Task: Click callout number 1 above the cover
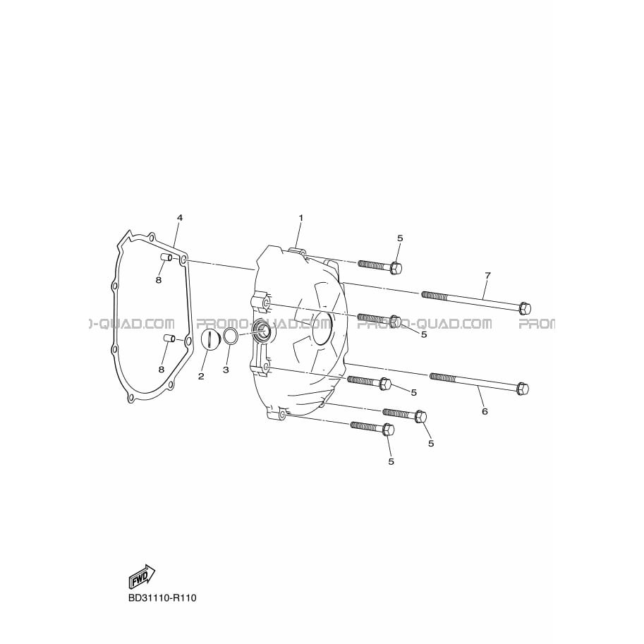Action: pyautogui.click(x=300, y=218)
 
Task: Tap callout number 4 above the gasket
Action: pyautogui.click(x=179, y=218)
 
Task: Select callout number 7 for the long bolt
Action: pyautogui.click(x=487, y=276)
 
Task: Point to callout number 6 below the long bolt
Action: pyautogui.click(x=485, y=411)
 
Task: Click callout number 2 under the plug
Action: pyautogui.click(x=201, y=376)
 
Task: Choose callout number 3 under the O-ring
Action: pyautogui.click(x=226, y=370)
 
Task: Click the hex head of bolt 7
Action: pyautogui.click(x=525, y=308)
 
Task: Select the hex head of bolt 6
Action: pyautogui.click(x=523, y=388)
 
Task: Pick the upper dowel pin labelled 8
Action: pyautogui.click(x=166, y=257)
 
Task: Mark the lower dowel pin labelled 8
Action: pyautogui.click(x=169, y=339)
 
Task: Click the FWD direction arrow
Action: pyautogui.click(x=142, y=577)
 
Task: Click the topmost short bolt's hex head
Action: pyautogui.click(x=395, y=268)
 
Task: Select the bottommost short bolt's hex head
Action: pyautogui.click(x=388, y=430)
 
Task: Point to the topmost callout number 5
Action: pyautogui.click(x=400, y=238)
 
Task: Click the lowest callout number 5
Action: pyautogui.click(x=391, y=461)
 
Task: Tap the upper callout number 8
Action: pyautogui.click(x=159, y=280)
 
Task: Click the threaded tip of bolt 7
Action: pyautogui.click(x=424, y=293)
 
